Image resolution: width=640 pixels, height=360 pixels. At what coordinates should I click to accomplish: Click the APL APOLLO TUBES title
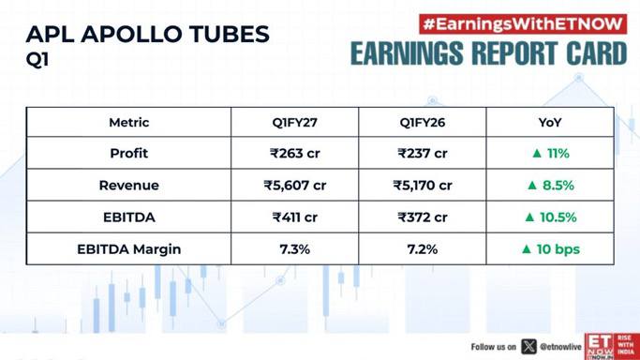148,34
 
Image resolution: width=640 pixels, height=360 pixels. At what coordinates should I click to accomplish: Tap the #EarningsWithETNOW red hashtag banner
523,24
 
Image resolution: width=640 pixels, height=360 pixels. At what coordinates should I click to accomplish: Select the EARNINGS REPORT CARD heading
488,53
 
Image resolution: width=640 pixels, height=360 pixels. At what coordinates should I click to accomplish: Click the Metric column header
129,122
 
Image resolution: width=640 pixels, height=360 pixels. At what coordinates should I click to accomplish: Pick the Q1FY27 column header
294,122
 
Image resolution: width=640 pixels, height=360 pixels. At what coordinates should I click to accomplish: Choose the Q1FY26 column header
423,122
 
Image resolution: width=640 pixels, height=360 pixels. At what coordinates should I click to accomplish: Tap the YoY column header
550,122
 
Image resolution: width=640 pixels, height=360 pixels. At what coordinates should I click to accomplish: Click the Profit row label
129,153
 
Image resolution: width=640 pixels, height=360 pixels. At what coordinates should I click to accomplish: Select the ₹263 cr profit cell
294,153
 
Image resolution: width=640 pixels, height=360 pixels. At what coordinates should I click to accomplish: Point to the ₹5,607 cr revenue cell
294,186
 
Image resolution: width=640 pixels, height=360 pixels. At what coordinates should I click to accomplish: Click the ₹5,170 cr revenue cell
423,186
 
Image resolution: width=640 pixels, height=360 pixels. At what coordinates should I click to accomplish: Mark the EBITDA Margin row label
129,249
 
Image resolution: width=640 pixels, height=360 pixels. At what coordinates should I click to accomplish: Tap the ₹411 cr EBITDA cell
294,217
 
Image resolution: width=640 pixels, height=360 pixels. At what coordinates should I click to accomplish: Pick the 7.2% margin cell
423,249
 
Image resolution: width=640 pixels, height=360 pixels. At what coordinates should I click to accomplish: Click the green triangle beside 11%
537,153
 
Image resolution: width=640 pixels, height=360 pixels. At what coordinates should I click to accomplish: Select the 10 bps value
558,249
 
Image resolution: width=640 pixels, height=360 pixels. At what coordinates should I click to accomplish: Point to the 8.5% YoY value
558,186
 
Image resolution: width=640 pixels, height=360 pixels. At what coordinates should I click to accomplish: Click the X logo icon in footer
528,347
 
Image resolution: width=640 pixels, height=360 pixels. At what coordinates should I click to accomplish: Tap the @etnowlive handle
560,347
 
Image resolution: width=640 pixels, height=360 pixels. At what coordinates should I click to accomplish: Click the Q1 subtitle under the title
37,60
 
